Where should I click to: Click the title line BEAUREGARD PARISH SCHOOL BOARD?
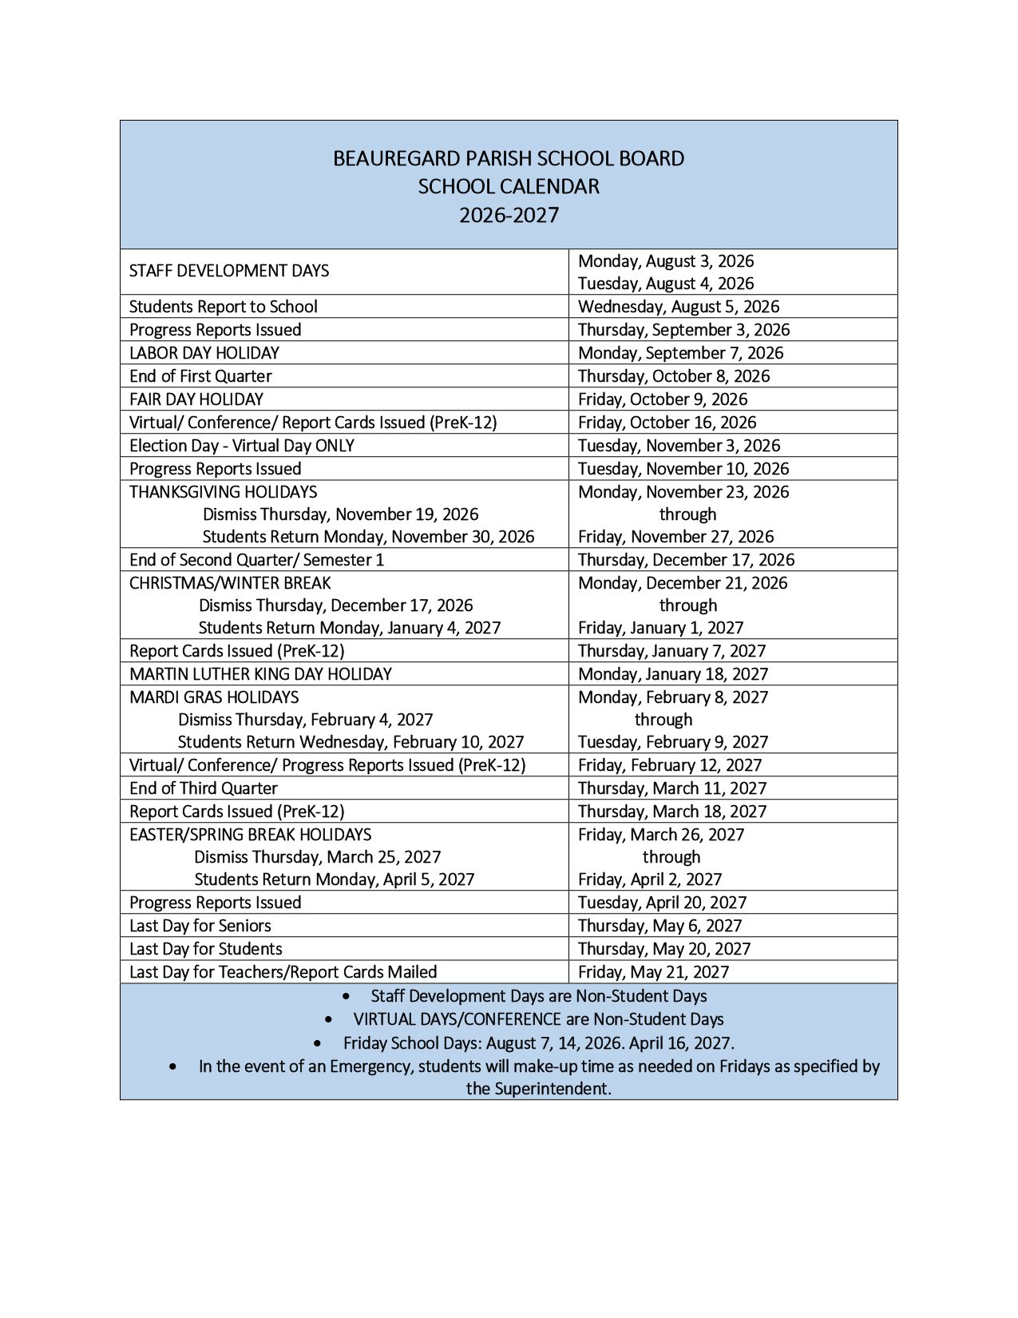pyautogui.click(x=509, y=158)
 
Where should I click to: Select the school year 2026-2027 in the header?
pyautogui.click(x=509, y=216)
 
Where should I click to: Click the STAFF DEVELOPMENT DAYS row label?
pyautogui.click(x=229, y=271)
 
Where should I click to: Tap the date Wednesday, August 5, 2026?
pyautogui.click(x=679, y=307)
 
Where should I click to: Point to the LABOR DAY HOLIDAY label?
pyautogui.click(x=204, y=353)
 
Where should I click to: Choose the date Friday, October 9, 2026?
pyautogui.click(x=662, y=399)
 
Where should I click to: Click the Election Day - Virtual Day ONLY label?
pyautogui.click(x=242, y=446)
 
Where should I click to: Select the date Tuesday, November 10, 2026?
pyautogui.click(x=683, y=469)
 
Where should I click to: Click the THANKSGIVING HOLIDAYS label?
pyautogui.click(x=224, y=492)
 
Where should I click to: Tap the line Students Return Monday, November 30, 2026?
pyautogui.click(x=368, y=537)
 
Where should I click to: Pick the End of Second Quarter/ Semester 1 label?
pyautogui.click(x=257, y=560)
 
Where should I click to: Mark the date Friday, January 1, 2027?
pyautogui.click(x=660, y=628)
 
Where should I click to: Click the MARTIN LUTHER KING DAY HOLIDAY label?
pyautogui.click(x=261, y=674)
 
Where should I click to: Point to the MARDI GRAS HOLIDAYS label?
pyautogui.click(x=214, y=697)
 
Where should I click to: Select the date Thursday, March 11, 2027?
pyautogui.click(x=672, y=788)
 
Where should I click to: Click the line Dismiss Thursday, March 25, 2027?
pyautogui.click(x=318, y=857)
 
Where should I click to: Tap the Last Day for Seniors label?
pyautogui.click(x=200, y=926)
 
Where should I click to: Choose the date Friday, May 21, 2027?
pyautogui.click(x=654, y=972)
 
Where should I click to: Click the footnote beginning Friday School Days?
pyautogui.click(x=539, y=1043)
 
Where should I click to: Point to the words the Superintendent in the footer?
pyautogui.click(x=539, y=1089)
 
